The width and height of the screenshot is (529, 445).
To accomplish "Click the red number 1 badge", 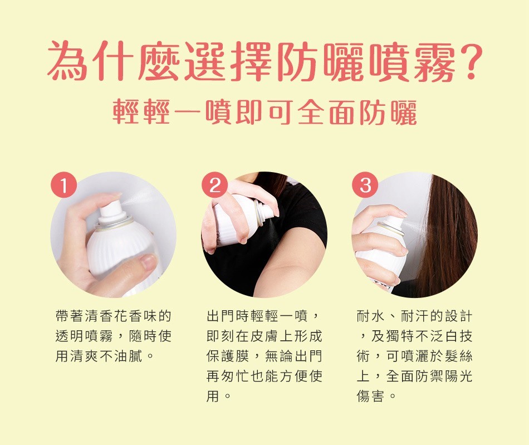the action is tap(64, 185).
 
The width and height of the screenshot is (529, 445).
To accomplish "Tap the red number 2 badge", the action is tap(214, 185).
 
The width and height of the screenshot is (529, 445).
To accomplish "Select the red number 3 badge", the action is tap(365, 185).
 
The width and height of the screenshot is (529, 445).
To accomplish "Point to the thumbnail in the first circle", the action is tap(148, 261).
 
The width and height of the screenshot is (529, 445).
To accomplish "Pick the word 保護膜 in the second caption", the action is tap(228, 356).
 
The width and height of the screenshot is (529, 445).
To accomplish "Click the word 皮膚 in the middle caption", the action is tap(265, 336).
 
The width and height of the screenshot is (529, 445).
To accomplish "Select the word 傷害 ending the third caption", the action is tap(371, 396).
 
